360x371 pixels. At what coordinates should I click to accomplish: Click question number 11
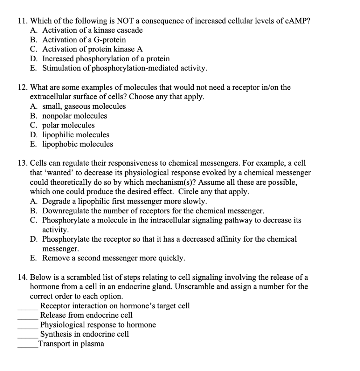coord(22,21)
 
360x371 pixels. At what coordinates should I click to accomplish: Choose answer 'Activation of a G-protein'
coord(84,40)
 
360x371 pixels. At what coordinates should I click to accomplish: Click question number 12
coord(22,87)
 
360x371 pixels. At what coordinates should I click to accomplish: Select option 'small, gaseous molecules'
coord(84,107)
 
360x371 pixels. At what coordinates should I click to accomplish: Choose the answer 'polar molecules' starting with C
coord(68,125)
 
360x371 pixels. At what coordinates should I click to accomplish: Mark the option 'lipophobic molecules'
coord(78,144)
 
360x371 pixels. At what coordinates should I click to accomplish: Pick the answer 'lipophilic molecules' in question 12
coord(76,135)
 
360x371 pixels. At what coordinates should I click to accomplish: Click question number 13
coord(22,163)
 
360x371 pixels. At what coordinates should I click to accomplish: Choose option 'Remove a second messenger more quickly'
coord(113,258)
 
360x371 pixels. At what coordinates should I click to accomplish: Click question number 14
coord(22,277)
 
